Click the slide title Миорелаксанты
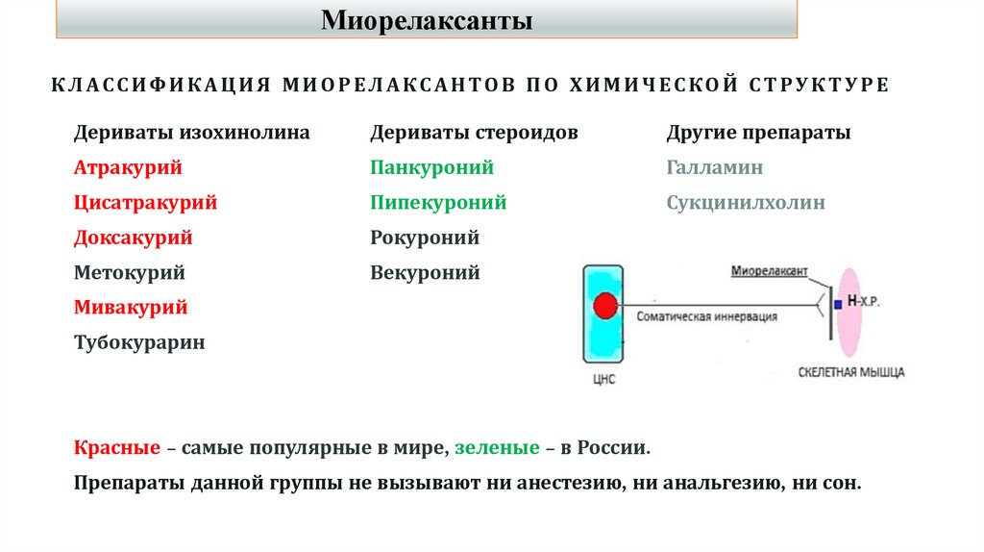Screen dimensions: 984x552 (x=426, y=19)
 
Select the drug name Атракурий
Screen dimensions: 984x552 (x=128, y=167)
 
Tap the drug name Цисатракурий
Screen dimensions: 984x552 (x=145, y=203)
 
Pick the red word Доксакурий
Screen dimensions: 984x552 (x=134, y=238)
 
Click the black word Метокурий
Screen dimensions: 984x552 (x=130, y=272)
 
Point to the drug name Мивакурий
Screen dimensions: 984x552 (x=131, y=308)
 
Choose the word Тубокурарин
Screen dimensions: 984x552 (x=139, y=342)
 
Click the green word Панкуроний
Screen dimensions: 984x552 (x=432, y=167)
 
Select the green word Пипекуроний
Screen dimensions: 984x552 (x=438, y=203)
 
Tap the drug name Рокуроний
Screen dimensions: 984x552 (x=425, y=238)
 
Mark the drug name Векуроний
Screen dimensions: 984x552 (x=425, y=272)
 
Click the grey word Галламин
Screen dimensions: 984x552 (x=715, y=167)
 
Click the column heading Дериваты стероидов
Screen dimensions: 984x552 (x=475, y=133)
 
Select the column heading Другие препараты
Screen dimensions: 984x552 (x=758, y=133)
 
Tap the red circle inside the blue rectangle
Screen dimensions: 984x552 (x=604, y=306)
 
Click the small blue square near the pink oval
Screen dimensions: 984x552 (x=838, y=304)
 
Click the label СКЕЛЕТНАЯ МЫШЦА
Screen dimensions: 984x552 (x=851, y=372)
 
